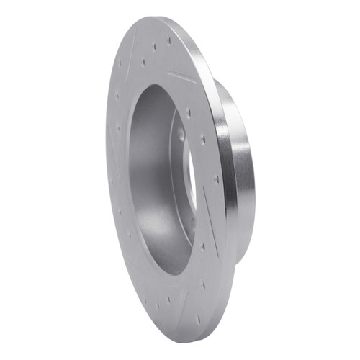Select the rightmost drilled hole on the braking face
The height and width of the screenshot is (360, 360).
[x=215, y=180]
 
